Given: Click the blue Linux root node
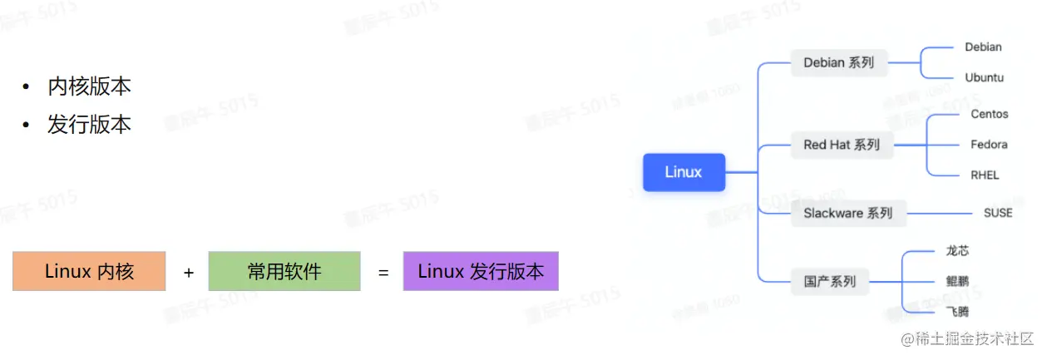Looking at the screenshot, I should (684, 172).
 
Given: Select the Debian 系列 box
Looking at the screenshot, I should (838, 62).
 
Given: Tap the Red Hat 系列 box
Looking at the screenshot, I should (841, 145).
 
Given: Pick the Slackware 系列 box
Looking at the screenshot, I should (847, 213).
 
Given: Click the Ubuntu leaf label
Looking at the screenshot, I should (984, 77).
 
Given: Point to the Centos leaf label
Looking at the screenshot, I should (989, 114).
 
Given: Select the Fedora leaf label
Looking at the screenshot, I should (989, 145).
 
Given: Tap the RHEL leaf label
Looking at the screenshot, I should (985, 175).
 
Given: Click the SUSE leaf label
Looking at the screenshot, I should (997, 213).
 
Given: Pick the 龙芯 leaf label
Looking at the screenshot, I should (957, 250).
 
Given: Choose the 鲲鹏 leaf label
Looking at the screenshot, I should (957, 281).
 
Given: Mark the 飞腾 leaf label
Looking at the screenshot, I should (957, 312).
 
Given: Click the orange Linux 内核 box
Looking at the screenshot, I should (89, 271).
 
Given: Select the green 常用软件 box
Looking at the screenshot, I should (284, 271).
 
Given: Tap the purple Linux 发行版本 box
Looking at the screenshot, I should (481, 271).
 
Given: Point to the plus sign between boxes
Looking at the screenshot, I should (189, 272).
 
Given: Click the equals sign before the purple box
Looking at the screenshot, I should (383, 272).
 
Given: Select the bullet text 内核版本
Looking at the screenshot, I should (89, 86).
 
